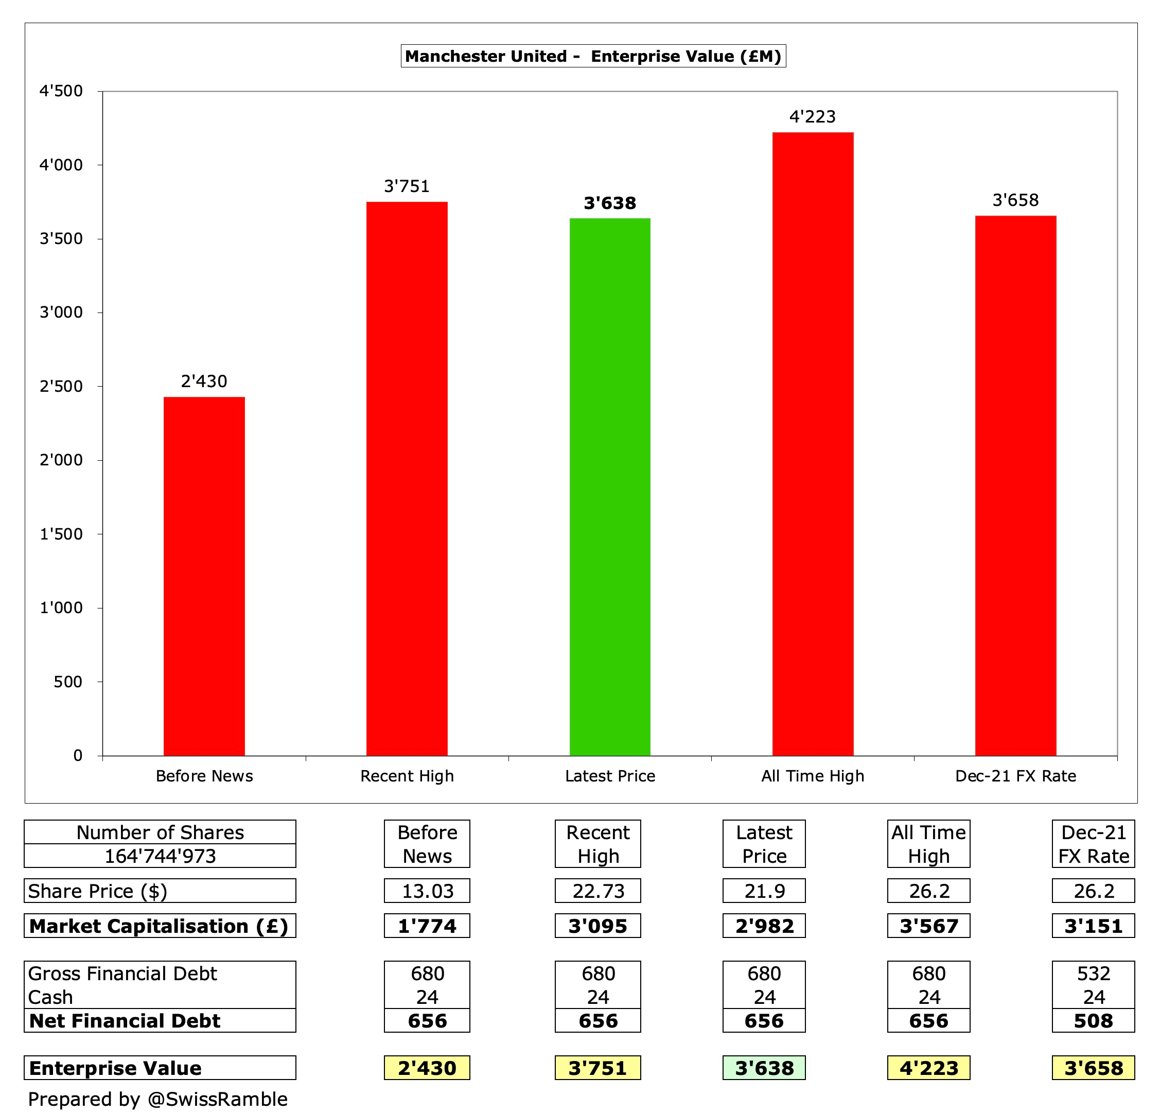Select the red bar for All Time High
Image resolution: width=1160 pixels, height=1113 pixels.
coord(813,444)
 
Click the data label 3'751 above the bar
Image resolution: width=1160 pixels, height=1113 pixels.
coord(407,186)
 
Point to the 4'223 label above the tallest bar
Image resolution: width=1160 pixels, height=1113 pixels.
coord(813,117)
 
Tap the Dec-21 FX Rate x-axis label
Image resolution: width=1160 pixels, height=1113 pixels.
coord(1015,776)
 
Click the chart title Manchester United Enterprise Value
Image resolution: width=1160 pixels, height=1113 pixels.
coord(593,56)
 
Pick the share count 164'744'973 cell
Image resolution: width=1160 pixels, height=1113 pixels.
coord(160,856)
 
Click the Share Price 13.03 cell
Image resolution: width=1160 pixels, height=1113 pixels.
coord(427,891)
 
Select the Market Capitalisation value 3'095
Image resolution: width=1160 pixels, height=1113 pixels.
coord(598,926)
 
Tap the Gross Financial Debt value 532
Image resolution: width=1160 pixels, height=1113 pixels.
coord(1093,973)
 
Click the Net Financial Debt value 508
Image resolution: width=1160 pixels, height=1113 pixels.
coord(1093,1021)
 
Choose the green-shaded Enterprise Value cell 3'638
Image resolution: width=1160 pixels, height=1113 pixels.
coord(764,1068)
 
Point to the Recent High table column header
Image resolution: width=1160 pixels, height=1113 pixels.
coord(598,844)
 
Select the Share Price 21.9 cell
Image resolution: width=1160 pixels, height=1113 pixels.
coord(764,891)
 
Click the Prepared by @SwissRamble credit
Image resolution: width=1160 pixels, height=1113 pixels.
coord(157,1100)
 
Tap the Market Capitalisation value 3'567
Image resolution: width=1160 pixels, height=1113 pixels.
coord(928,926)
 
